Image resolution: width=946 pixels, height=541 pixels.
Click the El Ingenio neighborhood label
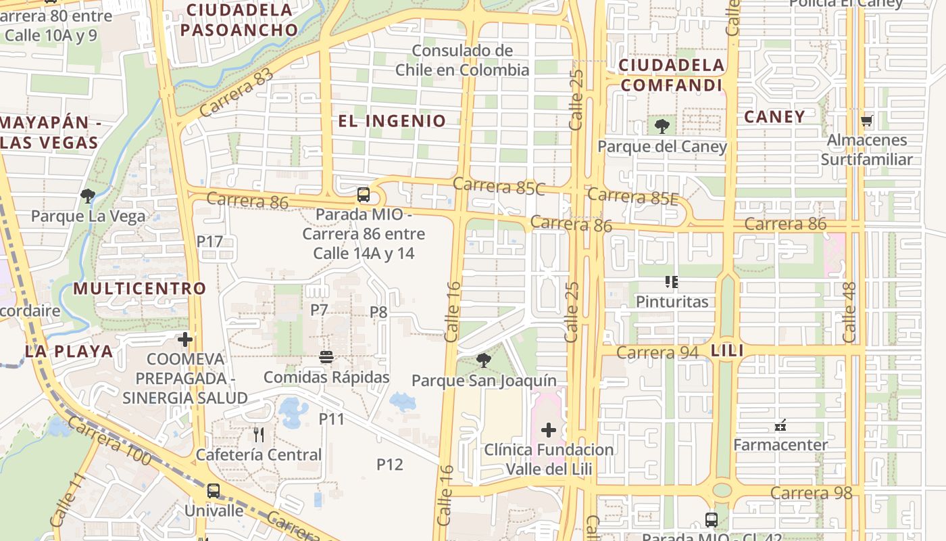tap(392, 121)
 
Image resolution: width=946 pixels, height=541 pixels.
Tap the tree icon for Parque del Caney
tap(662, 126)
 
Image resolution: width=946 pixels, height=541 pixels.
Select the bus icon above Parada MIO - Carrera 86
tap(364, 195)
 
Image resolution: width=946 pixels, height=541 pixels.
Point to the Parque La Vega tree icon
tap(87, 197)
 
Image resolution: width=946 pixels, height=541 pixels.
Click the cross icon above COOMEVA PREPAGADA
tap(184, 339)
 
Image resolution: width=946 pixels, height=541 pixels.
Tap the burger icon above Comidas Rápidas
tap(326, 357)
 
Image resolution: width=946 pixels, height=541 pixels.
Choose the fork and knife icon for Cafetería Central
tap(258, 434)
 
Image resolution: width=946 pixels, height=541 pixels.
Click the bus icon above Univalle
tap(214, 490)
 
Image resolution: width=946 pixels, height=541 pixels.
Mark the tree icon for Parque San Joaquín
tap(483, 360)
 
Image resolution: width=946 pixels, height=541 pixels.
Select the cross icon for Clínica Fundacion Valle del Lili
tap(549, 429)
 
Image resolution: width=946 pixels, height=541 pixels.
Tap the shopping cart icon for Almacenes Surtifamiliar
tap(867, 121)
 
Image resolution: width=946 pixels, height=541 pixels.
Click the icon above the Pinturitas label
tap(671, 281)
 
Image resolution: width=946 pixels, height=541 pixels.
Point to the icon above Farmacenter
tap(780, 425)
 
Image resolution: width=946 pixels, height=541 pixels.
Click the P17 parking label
tap(209, 241)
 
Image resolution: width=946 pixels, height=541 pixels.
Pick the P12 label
tap(389, 464)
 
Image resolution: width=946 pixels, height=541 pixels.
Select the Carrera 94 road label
tap(657, 352)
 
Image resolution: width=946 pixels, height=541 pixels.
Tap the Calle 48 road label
tap(849, 312)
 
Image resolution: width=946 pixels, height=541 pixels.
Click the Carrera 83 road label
tap(236, 93)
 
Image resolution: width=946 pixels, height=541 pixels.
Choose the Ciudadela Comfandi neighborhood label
tap(672, 75)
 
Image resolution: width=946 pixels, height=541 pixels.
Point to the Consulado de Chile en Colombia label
tap(462, 60)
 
